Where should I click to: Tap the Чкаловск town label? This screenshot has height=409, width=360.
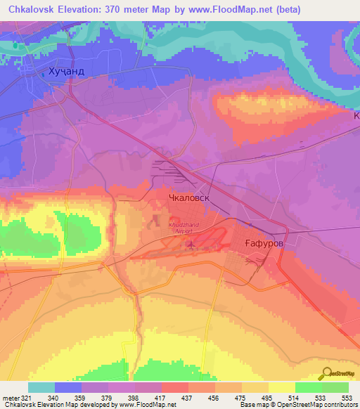pos(190,198)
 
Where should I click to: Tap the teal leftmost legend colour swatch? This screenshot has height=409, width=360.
pos(41,387)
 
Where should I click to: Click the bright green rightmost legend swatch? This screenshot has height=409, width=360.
pos(335,387)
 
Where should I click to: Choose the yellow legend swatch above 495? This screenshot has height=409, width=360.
pos(282,387)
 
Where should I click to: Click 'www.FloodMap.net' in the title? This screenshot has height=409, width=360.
pos(260,9)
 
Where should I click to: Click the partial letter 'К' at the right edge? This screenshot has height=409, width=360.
pos(356,115)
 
